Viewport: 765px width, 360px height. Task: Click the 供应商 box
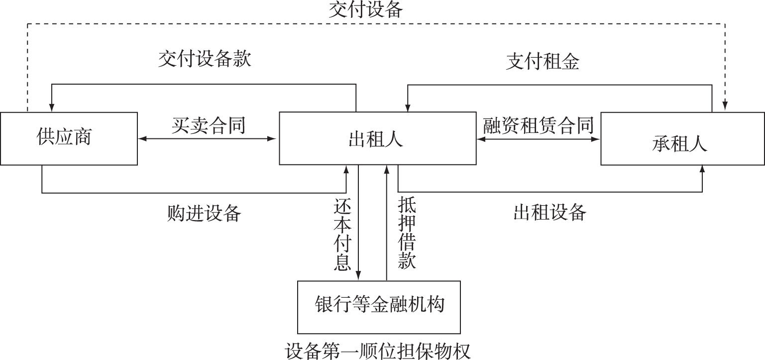[69, 138]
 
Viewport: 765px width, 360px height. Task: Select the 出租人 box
[377, 138]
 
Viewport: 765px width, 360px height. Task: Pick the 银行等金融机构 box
[379, 307]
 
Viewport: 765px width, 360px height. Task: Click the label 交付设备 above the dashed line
[365, 10]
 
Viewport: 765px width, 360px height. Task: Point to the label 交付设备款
[205, 59]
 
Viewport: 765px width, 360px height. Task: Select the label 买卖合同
[209, 124]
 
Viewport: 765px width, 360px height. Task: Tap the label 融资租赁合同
[539, 125]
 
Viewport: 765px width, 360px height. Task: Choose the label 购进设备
[204, 213]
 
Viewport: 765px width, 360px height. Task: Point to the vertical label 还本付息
[342, 235]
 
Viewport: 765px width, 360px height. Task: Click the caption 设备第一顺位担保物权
[378, 351]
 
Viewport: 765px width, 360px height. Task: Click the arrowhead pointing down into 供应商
[51, 108]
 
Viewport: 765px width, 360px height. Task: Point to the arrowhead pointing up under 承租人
[702, 170]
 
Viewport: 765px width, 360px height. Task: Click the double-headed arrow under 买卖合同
[208, 139]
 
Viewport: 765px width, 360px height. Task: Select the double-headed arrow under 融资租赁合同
[539, 139]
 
